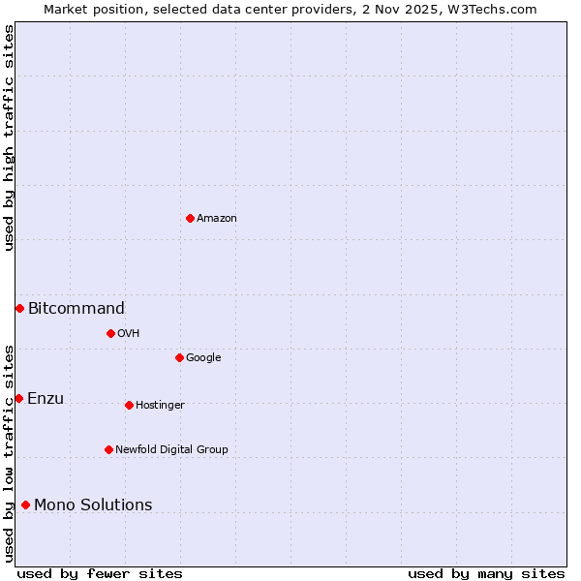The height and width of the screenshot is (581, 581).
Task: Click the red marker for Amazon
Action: click(190, 218)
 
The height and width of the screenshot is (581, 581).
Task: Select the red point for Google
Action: click(179, 357)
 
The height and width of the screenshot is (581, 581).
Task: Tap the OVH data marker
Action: click(110, 333)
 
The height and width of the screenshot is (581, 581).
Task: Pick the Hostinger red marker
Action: click(129, 405)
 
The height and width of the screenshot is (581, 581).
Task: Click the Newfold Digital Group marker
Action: click(108, 449)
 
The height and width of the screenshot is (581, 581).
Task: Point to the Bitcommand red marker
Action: click(19, 308)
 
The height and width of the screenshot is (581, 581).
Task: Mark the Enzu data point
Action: click(18, 398)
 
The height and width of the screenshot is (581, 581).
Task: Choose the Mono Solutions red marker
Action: click(25, 505)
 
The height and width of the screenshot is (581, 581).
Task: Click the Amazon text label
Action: click(217, 219)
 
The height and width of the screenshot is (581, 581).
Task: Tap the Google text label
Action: click(203, 358)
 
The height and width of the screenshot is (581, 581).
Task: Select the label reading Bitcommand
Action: click(76, 309)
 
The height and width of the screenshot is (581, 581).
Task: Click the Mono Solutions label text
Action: click(93, 505)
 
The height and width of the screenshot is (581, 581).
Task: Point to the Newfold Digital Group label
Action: click(171, 450)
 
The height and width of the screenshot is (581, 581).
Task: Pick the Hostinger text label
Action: click(160, 406)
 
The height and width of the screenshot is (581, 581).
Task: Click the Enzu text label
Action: click(46, 399)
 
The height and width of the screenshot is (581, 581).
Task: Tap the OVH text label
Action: click(129, 334)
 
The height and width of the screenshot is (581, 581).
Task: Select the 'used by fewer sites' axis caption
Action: click(100, 573)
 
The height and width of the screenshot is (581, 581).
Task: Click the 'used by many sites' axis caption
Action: click(486, 573)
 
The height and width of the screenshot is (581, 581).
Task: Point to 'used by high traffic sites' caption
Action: click(9, 138)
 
